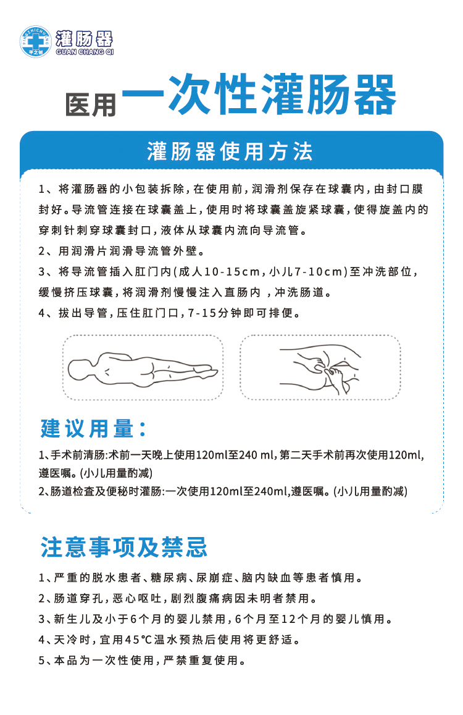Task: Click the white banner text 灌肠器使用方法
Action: [230, 151]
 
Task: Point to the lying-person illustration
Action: [143, 369]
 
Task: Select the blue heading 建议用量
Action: [93, 428]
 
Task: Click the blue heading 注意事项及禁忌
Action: [124, 547]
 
